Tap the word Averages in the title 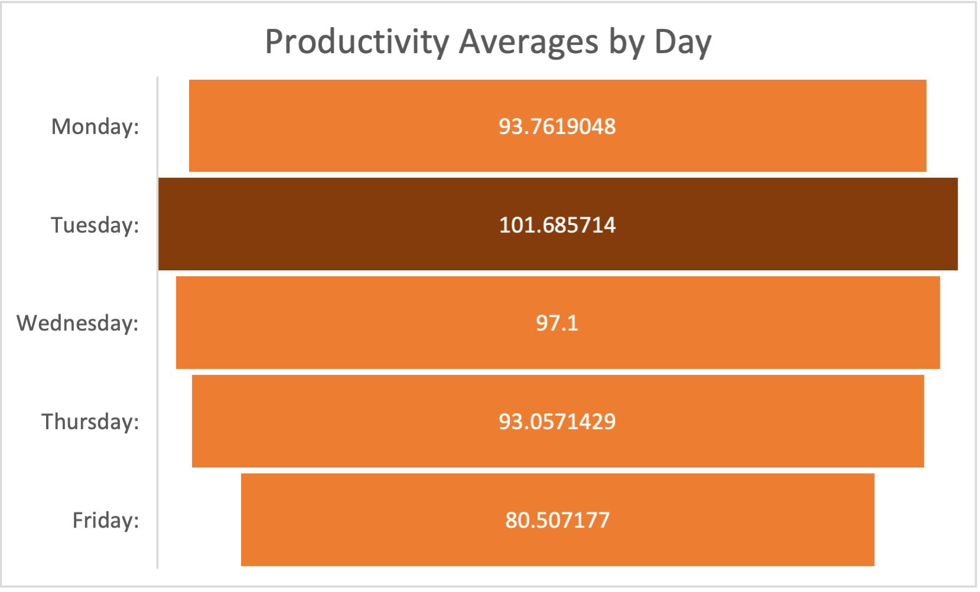pyautogui.click(x=529, y=42)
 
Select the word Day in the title pyautogui.click(x=683, y=42)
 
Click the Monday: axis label pyautogui.click(x=95, y=126)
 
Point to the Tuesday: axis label pyautogui.click(x=95, y=225)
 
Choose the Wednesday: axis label pyautogui.click(x=77, y=323)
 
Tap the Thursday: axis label pyautogui.click(x=90, y=421)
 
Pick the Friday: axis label pyautogui.click(x=106, y=520)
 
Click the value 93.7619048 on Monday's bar pyautogui.click(x=557, y=126)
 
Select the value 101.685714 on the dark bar pyautogui.click(x=557, y=225)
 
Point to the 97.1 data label pyautogui.click(x=557, y=323)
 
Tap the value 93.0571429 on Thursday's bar pyautogui.click(x=557, y=421)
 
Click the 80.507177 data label pyautogui.click(x=557, y=520)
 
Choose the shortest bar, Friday pyautogui.click(x=354, y=520)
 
